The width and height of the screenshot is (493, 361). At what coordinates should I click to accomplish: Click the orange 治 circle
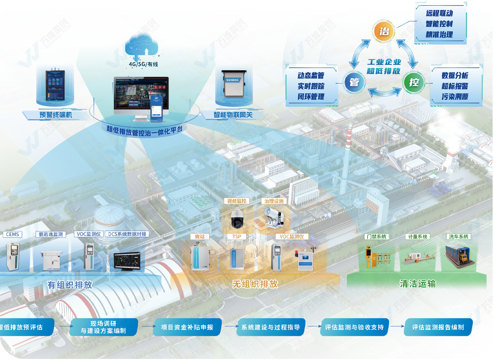click(x=384, y=31)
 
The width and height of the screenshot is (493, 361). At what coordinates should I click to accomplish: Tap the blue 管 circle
click(x=354, y=82)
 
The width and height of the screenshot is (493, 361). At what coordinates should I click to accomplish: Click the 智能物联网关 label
click(x=233, y=115)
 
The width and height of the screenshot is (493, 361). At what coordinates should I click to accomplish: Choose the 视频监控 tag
click(x=236, y=201)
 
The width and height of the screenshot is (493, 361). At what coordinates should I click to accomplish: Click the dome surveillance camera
click(x=237, y=218)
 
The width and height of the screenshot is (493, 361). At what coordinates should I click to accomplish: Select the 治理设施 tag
click(x=274, y=201)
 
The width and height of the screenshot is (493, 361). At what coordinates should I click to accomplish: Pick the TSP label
click(x=237, y=237)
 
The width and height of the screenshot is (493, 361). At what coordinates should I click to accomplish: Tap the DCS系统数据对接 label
click(x=127, y=234)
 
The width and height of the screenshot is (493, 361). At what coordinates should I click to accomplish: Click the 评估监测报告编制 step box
click(x=438, y=327)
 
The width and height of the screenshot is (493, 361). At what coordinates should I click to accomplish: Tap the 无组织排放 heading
click(x=255, y=284)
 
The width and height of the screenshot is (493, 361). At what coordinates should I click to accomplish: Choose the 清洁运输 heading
click(x=418, y=284)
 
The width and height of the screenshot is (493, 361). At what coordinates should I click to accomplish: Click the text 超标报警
click(x=455, y=86)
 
